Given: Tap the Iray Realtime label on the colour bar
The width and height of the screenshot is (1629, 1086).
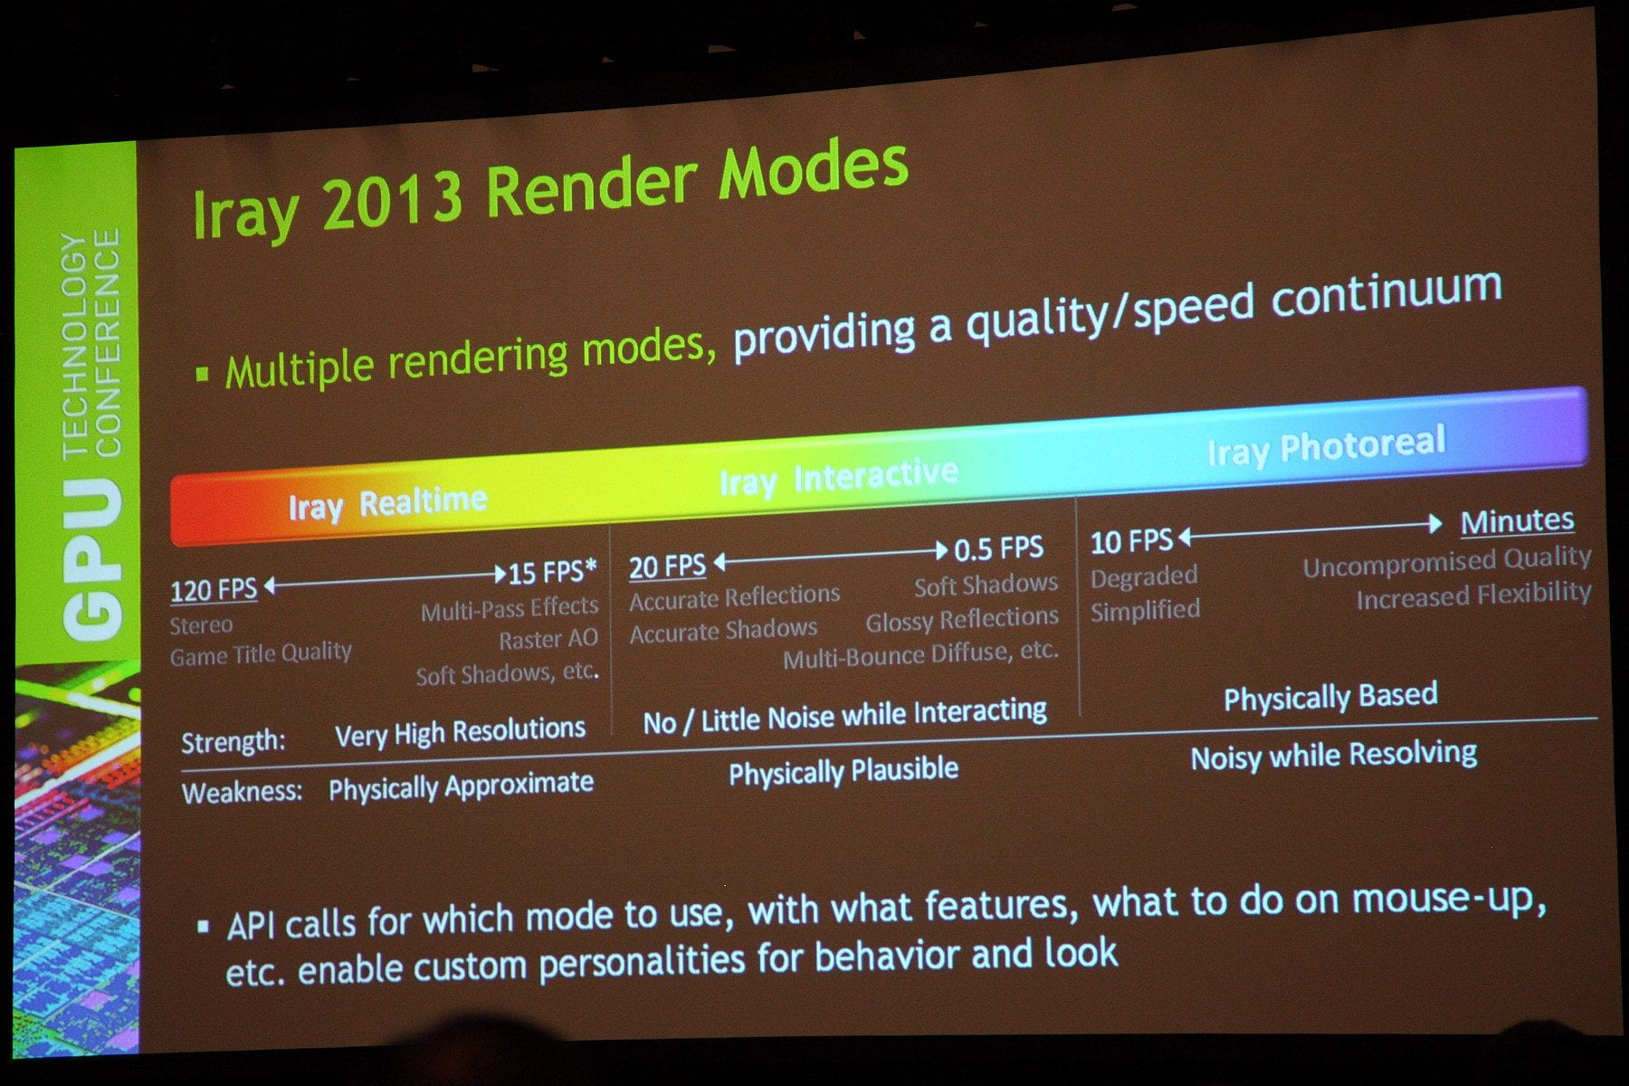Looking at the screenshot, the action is [x=387, y=504].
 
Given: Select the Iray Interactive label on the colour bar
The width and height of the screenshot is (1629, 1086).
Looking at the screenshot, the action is [x=839, y=478].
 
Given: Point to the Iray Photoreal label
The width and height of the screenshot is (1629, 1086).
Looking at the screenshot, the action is [x=1326, y=446].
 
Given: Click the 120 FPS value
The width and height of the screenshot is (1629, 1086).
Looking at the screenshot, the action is [x=214, y=590].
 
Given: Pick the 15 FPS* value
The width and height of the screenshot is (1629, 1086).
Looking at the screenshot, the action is [x=553, y=572].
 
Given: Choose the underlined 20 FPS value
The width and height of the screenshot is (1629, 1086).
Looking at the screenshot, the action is [x=667, y=567].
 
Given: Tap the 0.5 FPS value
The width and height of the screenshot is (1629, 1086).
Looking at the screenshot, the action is [x=999, y=548].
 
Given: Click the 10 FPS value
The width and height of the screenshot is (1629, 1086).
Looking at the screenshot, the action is [x=1131, y=542].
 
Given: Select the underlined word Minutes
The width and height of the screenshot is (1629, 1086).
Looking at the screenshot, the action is [x=1517, y=521].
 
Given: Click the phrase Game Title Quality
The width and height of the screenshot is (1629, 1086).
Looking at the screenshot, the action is [x=261, y=653].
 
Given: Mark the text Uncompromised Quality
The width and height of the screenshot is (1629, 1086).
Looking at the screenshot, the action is [x=1446, y=562].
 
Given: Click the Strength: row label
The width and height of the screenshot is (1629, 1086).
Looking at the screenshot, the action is [x=233, y=742].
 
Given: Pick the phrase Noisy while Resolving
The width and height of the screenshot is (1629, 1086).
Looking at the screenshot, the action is [x=1334, y=756].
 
